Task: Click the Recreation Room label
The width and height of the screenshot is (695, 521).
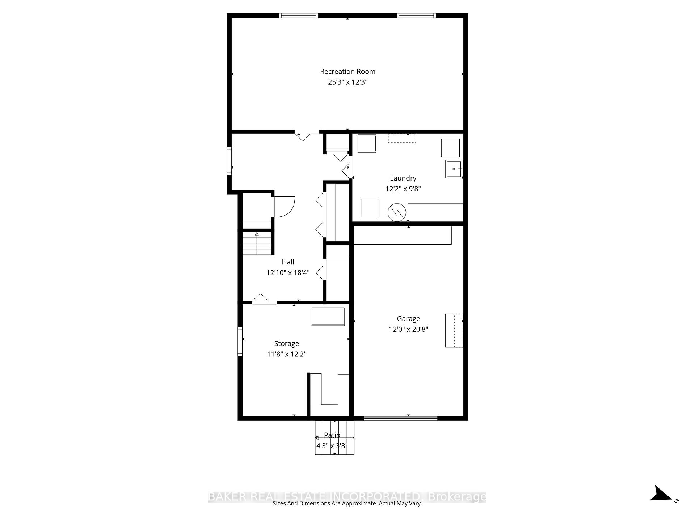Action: (x=347, y=72)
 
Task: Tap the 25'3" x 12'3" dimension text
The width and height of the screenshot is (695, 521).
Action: (x=347, y=82)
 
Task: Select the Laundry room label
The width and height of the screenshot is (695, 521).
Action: (x=403, y=178)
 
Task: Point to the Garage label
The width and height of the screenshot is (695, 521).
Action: (x=408, y=319)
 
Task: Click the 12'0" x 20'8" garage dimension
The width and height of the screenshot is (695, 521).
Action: (x=408, y=329)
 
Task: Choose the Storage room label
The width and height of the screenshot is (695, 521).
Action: (x=286, y=343)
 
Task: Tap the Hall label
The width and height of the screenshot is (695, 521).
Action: (x=288, y=262)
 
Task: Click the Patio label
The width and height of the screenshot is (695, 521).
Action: (x=332, y=435)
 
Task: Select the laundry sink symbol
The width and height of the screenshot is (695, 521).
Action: (x=454, y=169)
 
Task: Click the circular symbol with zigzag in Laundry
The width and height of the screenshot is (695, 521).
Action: (x=397, y=213)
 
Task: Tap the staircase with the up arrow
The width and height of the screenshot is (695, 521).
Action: (x=257, y=243)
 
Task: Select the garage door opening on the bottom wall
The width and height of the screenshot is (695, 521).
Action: (x=400, y=418)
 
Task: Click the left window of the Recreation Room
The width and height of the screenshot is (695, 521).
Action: (x=299, y=16)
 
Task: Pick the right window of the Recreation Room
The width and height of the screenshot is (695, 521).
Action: (x=416, y=16)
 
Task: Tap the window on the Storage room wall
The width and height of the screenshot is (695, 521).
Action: (x=240, y=341)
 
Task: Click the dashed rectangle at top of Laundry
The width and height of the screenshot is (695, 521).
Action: (x=402, y=138)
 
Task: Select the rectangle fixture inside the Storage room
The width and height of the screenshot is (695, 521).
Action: (x=328, y=317)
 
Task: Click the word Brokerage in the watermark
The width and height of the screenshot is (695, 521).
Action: (x=457, y=497)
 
